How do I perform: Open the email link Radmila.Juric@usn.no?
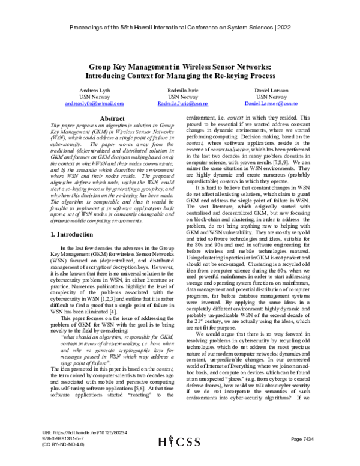click(x=182, y=104)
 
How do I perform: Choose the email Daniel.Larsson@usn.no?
click(x=272, y=104)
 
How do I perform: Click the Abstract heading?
click(x=97, y=119)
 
